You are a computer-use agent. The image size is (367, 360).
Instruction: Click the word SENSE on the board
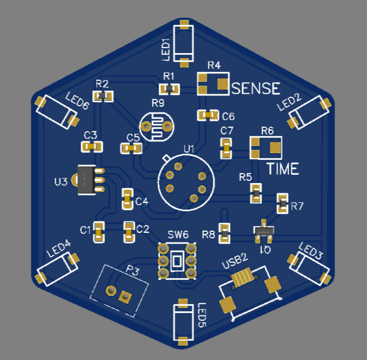(x=256, y=88)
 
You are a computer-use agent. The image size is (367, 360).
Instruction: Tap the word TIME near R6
(x=282, y=168)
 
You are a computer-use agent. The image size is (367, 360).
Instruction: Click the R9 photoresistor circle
(x=156, y=125)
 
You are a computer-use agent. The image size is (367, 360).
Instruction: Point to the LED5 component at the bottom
(x=183, y=323)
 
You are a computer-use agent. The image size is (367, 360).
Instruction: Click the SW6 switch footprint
(x=178, y=261)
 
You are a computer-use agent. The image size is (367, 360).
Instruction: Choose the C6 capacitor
(x=207, y=115)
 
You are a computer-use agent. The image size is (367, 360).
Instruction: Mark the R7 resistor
(x=282, y=203)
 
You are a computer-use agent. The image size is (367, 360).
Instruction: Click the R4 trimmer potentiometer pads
(x=213, y=84)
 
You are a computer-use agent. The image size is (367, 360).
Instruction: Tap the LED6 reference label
(x=77, y=101)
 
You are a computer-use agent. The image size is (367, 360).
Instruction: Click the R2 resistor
(x=103, y=96)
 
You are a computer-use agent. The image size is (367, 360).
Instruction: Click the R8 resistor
(x=224, y=232)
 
